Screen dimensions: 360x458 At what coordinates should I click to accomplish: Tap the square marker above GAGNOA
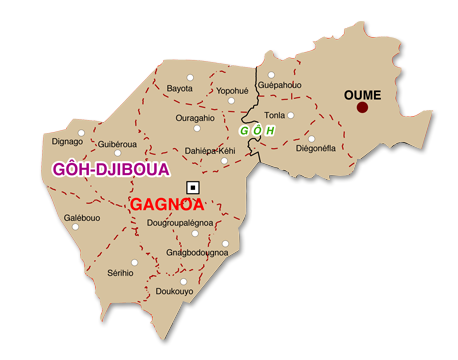193,187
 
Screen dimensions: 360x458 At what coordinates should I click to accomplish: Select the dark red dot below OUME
362,107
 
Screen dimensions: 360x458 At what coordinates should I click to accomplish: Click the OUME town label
362,94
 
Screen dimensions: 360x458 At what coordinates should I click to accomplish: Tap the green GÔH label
257,130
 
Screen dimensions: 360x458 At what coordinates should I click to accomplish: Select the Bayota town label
179,89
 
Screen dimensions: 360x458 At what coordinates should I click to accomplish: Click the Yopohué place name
232,90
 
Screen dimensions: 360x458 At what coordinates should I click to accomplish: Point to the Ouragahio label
195,118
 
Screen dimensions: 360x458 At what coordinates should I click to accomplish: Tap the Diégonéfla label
316,148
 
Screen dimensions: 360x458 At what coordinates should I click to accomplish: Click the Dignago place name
67,142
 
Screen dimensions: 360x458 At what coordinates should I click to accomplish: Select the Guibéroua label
117,144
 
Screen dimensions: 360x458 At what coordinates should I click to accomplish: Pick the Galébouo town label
82,217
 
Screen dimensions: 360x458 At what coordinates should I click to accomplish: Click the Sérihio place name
120,272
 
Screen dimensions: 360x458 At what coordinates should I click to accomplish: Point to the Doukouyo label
175,291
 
